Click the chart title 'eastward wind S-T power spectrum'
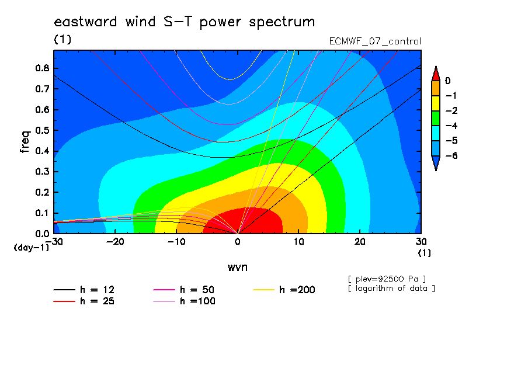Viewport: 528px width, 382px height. (185, 22)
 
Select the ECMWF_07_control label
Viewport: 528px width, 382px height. (375, 41)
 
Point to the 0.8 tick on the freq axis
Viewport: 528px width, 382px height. (43, 68)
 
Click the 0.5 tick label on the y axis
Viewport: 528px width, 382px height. (43, 130)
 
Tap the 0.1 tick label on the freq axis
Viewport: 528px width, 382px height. (43, 213)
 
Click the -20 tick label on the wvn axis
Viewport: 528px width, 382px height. (115, 242)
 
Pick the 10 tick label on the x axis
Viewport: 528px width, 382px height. (299, 242)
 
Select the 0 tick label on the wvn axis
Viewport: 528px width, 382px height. (238, 242)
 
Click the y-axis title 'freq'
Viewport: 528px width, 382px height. (25, 142)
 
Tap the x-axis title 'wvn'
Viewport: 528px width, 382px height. (238, 268)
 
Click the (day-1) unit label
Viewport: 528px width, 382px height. (31, 248)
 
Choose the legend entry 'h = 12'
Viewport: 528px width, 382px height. (84, 290)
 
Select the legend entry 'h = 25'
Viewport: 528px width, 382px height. (84, 301)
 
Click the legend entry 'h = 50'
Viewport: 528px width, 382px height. (184, 290)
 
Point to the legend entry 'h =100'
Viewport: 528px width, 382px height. (184, 301)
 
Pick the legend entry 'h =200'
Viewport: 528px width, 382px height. (284, 290)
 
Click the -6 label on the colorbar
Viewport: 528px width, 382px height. (451, 155)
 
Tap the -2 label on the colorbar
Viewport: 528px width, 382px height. (451, 111)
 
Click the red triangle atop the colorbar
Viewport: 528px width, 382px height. (436, 74)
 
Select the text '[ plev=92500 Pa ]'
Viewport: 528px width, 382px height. (387, 279)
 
